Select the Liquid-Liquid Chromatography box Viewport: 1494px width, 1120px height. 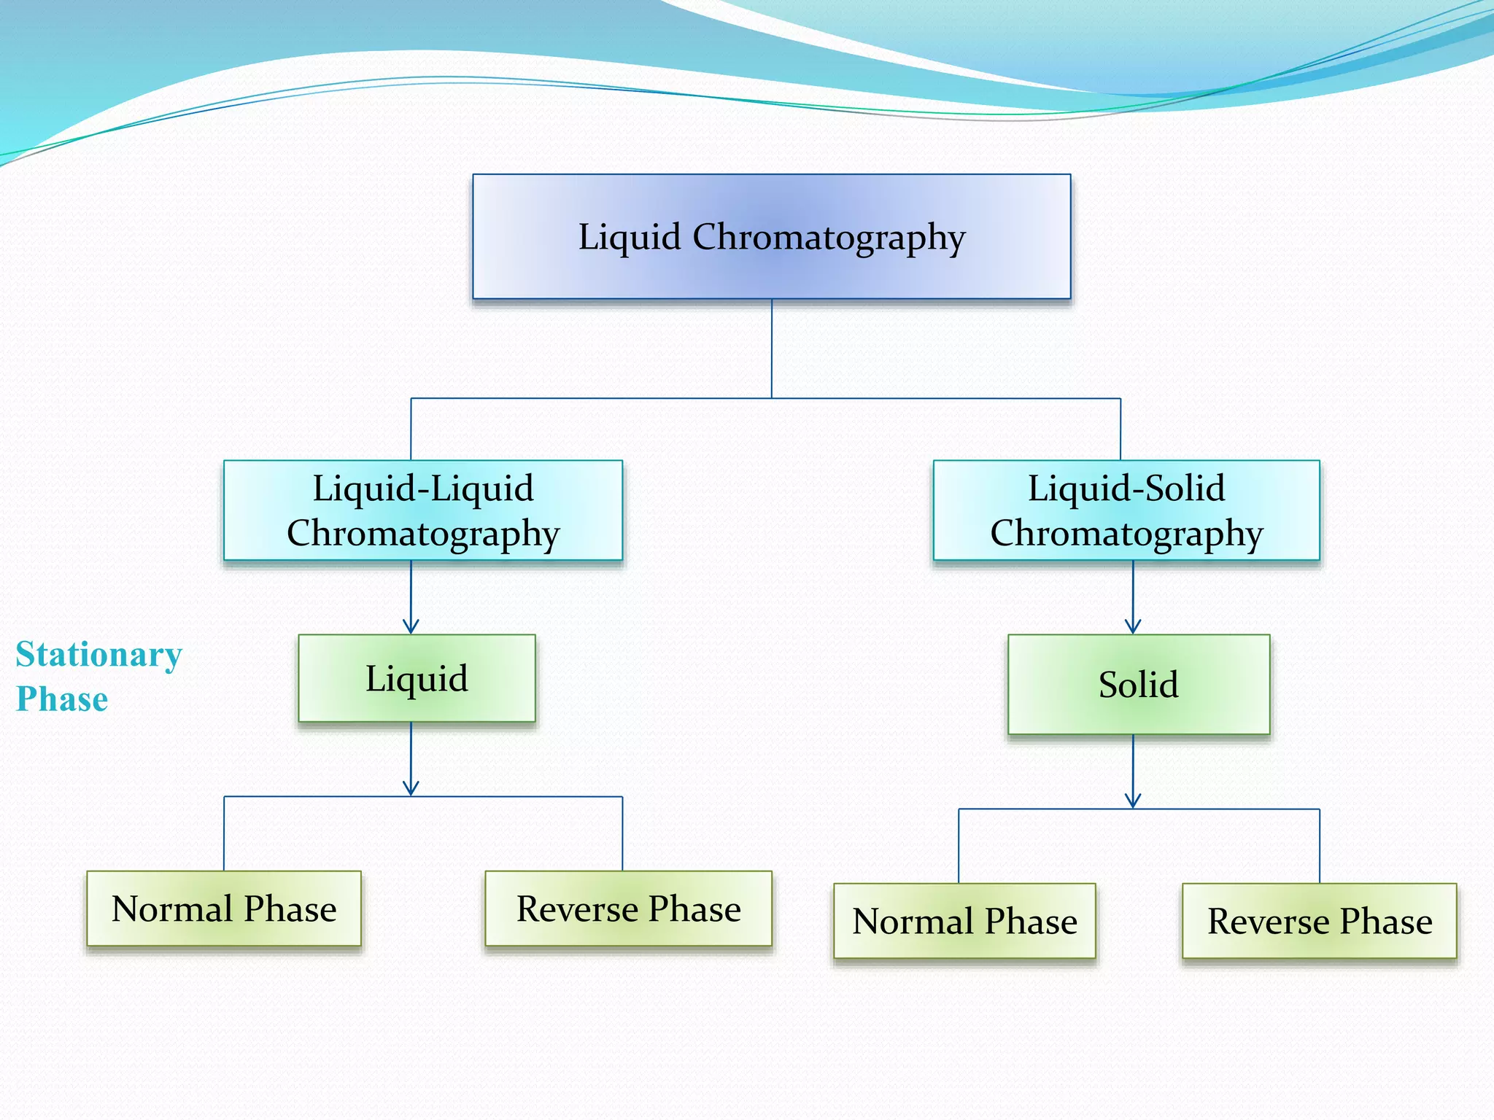coord(422,510)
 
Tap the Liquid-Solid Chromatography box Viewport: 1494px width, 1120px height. coord(1126,510)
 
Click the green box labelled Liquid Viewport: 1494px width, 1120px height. coord(417,678)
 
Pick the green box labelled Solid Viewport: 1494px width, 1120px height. coord(1138,684)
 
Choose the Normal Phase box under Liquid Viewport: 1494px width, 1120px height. coord(223,909)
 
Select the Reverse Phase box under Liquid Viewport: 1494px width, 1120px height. coord(628,909)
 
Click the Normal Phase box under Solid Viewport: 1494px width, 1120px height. coord(964,921)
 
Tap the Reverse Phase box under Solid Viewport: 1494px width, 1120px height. coord(1319,921)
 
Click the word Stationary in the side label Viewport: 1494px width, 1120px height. coord(98,654)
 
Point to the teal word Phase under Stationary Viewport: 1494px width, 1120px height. coord(62,699)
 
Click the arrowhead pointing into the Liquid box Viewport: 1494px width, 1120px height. coord(411,626)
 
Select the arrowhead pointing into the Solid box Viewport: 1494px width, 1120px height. coord(1133,626)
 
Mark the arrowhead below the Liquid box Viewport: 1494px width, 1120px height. coord(411,788)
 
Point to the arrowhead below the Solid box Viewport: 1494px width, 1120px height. coord(1133,801)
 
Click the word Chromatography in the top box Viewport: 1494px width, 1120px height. coord(829,238)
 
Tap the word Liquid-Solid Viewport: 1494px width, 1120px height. coord(1126,488)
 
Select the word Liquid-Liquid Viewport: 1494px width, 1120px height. coord(423,488)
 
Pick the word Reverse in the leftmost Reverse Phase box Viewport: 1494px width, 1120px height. coord(577,909)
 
